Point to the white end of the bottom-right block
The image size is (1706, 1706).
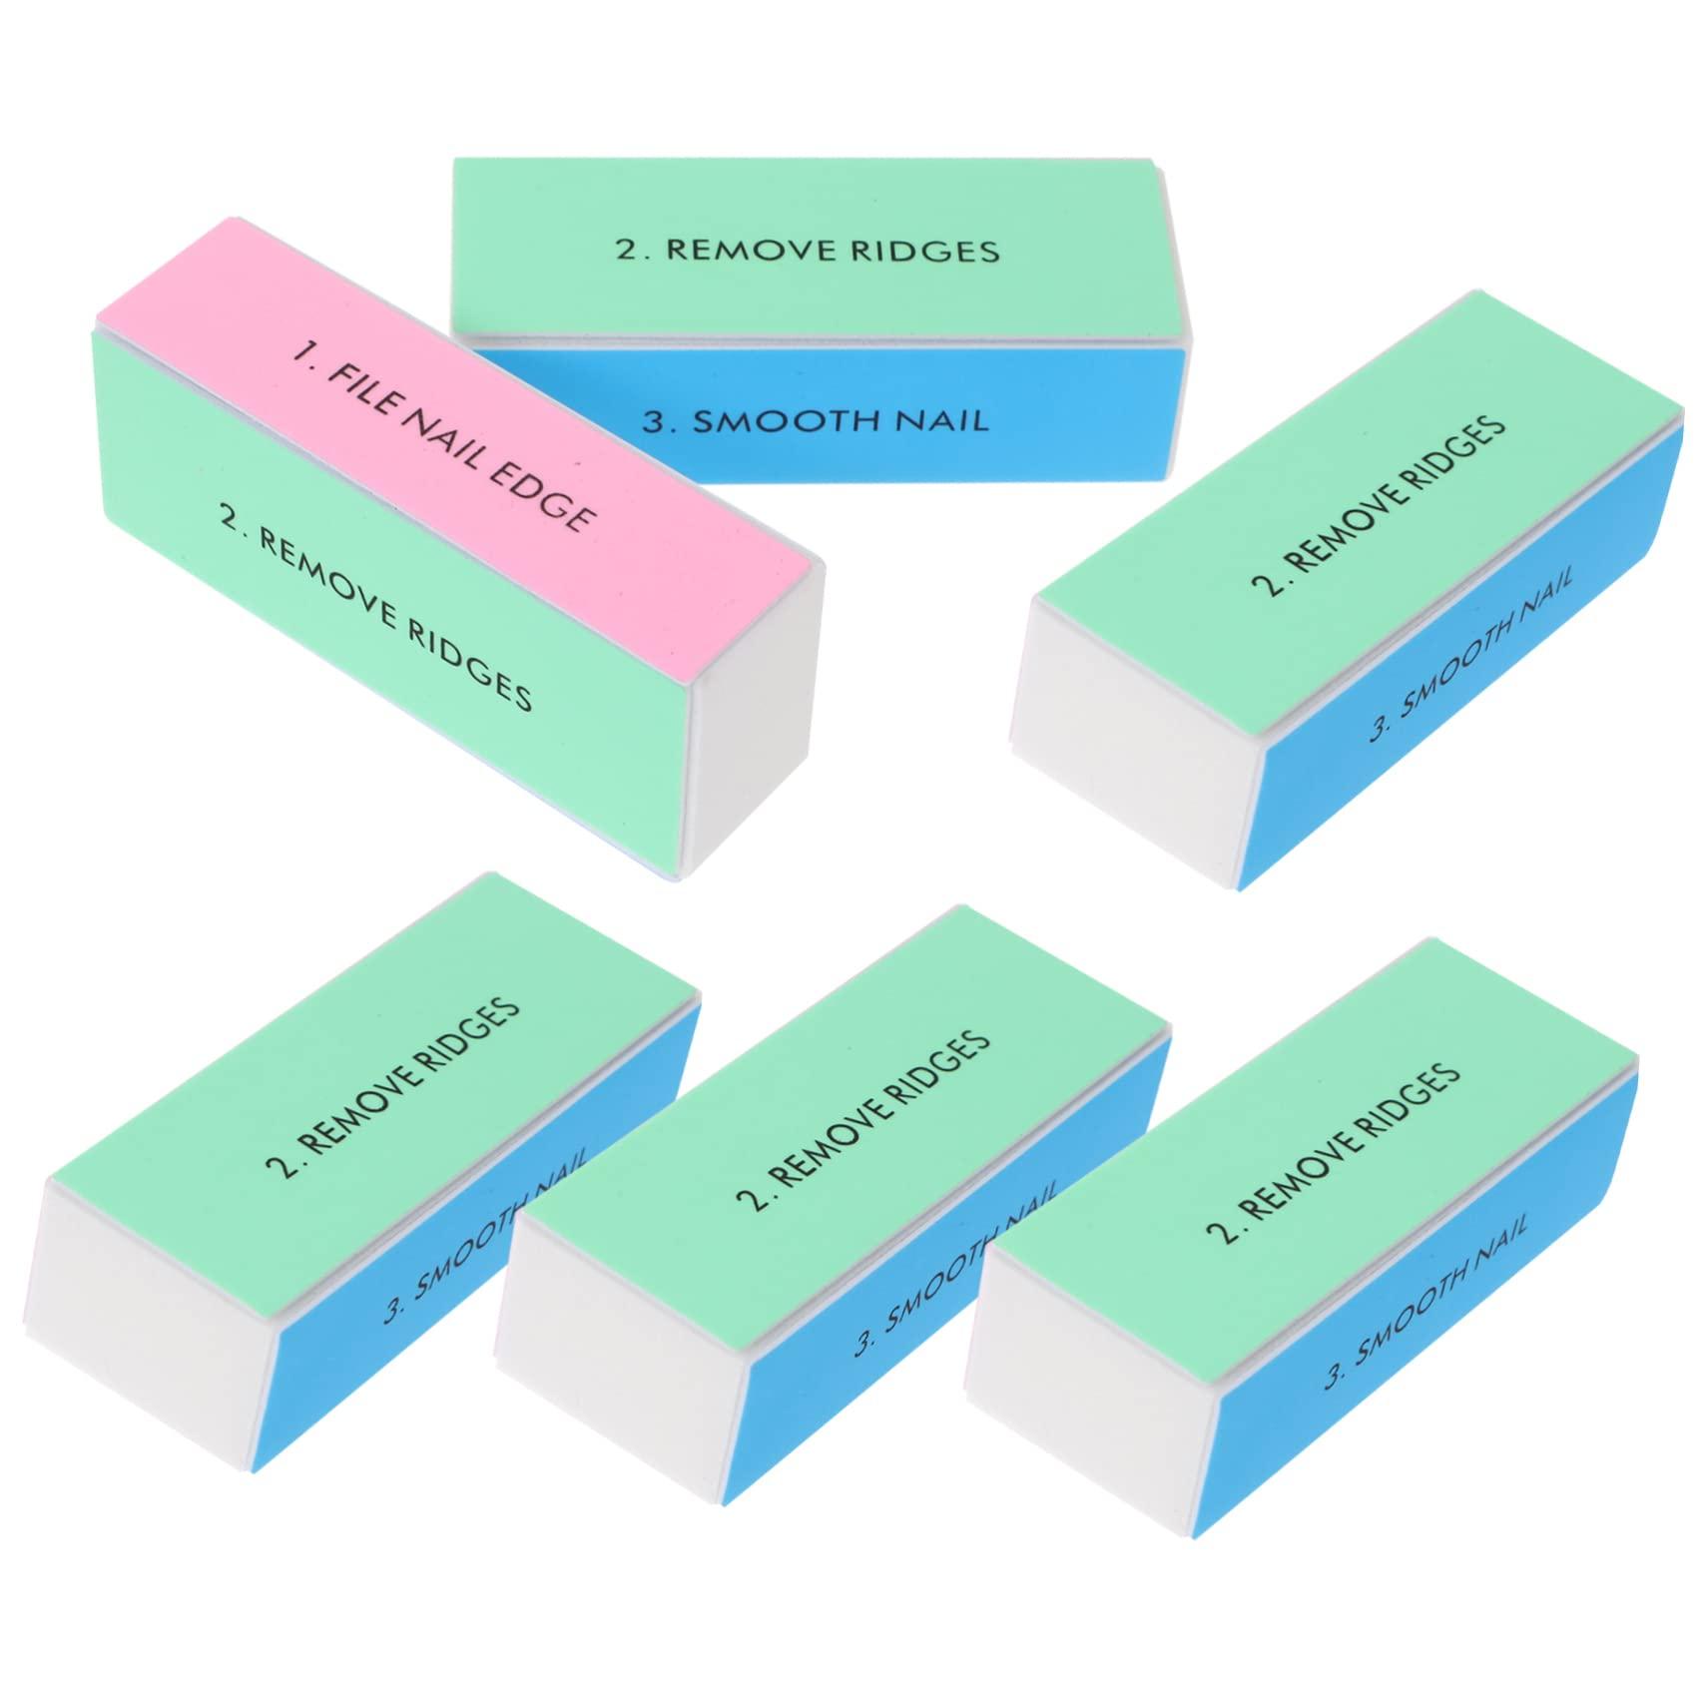pyautogui.click(x=1088, y=1378)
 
